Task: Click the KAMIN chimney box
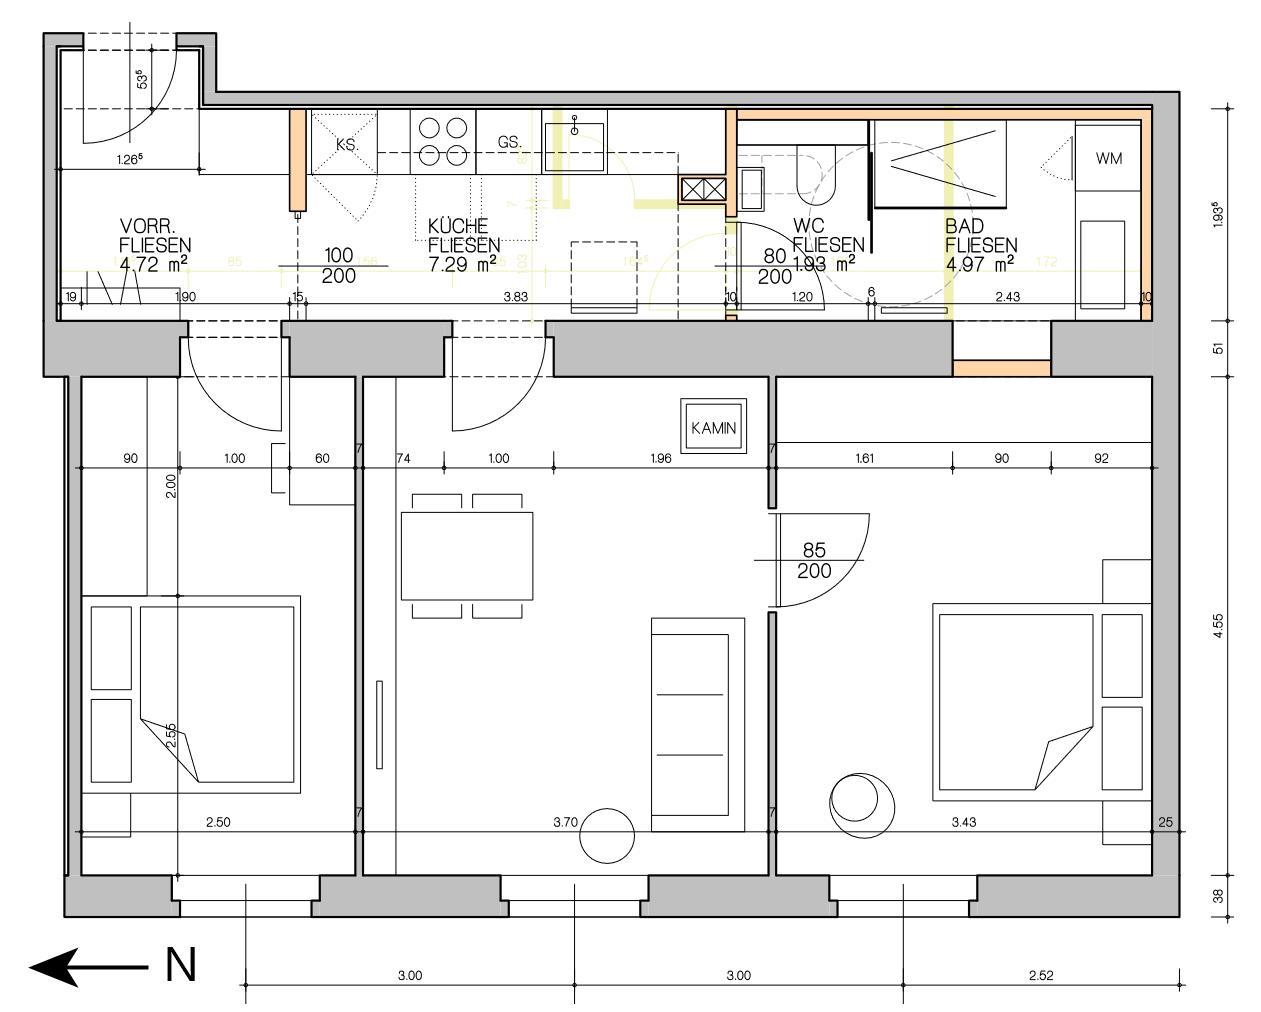(713, 428)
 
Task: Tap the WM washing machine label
(1108, 158)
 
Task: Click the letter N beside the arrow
(180, 965)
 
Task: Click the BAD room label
(965, 227)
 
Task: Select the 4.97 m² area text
(979, 263)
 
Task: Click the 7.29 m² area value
(462, 264)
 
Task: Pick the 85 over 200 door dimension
(815, 561)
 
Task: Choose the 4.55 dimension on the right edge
(1217, 624)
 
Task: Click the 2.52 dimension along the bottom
(1040, 976)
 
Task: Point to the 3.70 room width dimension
(565, 822)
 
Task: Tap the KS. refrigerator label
(347, 145)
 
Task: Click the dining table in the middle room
(467, 555)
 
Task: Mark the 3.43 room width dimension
(964, 822)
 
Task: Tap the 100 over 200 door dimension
(339, 266)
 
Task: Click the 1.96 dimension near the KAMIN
(660, 459)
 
